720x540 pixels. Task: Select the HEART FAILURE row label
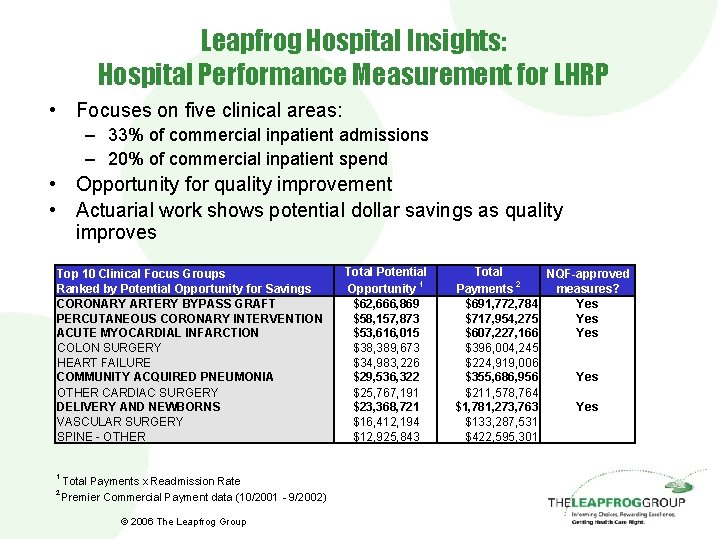click(104, 362)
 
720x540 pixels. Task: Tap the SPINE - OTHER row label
click(101, 436)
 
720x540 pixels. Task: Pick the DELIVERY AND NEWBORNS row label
click(138, 406)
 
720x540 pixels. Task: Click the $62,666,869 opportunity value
click(386, 303)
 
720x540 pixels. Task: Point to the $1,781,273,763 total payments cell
click(497, 407)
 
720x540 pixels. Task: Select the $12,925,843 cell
click(386, 436)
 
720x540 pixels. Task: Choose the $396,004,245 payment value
click(502, 347)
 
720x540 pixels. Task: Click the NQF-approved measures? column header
click(587, 280)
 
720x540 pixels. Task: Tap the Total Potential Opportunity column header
click(385, 279)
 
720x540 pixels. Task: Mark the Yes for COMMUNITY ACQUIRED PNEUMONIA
click(587, 377)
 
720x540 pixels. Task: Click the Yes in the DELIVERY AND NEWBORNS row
click(587, 407)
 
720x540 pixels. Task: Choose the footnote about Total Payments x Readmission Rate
click(150, 481)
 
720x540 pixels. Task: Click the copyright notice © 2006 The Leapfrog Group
click(183, 521)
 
